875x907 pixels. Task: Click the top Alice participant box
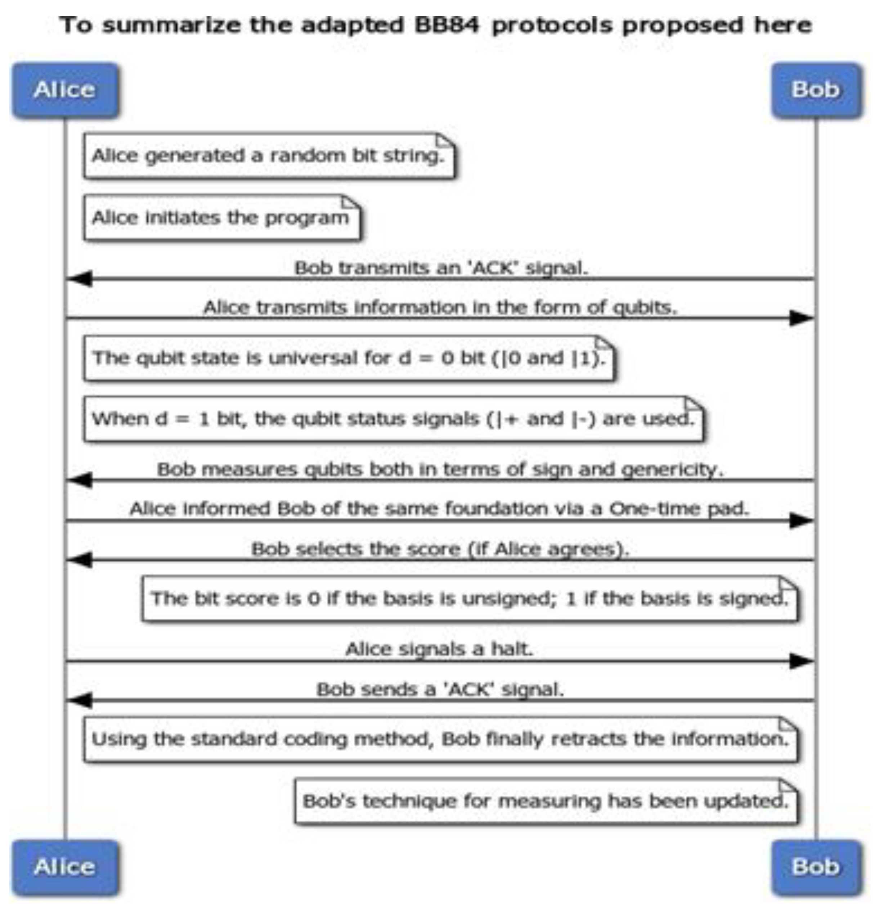click(65, 90)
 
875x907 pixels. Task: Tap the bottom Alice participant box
click(65, 866)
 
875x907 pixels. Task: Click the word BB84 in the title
click(447, 25)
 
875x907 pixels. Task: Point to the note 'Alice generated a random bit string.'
click(269, 155)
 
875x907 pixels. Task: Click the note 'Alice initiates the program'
click(221, 217)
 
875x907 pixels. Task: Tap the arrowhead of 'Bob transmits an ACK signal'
click(80, 279)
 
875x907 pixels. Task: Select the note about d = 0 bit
click(349, 358)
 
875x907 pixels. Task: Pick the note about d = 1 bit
click(394, 419)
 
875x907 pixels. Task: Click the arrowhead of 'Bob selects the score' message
click(80, 560)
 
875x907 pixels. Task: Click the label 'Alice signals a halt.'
click(439, 649)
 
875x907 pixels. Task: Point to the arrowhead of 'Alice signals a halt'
click(801, 661)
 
